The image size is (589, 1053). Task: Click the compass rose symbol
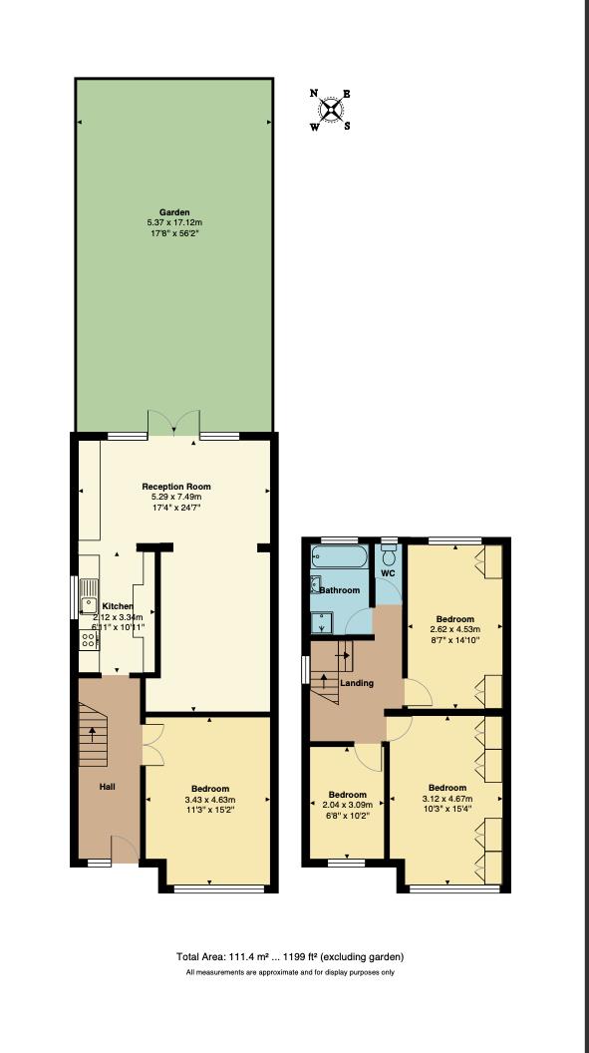(331, 110)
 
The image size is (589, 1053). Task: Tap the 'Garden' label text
(173, 212)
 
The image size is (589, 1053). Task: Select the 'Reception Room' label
(176, 487)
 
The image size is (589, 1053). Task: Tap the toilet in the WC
(389, 554)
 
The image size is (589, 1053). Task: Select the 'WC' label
(388, 574)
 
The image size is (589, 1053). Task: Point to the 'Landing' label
(357, 683)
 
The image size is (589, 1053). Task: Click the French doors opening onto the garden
(174, 423)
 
